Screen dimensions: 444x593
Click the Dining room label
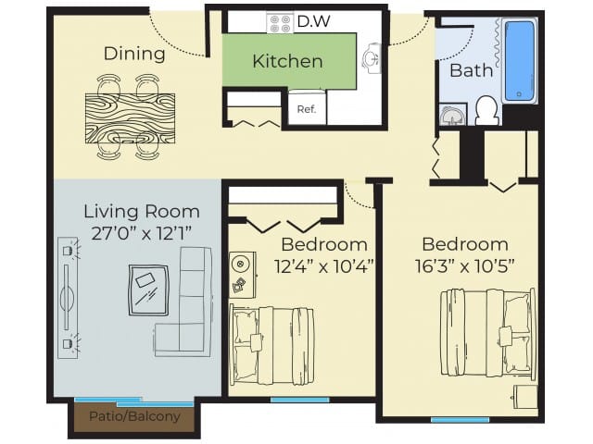(134, 54)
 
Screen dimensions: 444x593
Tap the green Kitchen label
(287, 62)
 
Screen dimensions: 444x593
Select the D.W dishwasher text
(313, 20)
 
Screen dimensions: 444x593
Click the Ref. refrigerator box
(306, 108)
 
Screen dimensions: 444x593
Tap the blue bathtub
(519, 61)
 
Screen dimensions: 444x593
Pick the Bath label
(470, 70)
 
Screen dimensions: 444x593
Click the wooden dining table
(130, 118)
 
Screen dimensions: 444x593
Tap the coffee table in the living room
(148, 290)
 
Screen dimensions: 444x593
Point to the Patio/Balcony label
(134, 416)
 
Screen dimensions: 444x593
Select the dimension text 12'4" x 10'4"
(323, 265)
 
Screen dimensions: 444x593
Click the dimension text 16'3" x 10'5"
(465, 265)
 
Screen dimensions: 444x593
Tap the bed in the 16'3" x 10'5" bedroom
(488, 333)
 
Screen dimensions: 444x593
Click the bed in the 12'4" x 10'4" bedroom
(272, 344)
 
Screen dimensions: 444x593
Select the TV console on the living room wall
(68, 297)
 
